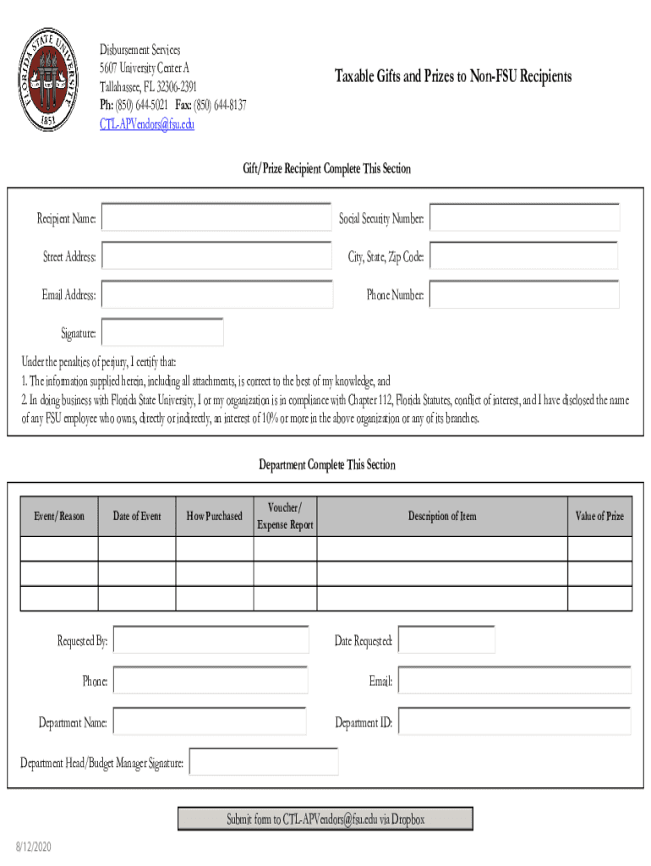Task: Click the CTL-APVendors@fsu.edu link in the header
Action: tap(147, 124)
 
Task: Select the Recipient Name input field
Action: tap(216, 217)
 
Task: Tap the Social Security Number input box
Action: tap(524, 217)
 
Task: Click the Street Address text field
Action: tap(216, 255)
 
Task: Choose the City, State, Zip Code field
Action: tap(524, 255)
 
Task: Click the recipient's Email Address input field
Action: tap(216, 294)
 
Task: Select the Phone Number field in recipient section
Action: tap(524, 294)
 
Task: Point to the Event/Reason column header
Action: tap(59, 516)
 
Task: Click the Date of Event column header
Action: tap(137, 516)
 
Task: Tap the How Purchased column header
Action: tap(215, 516)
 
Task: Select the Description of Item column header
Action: tap(442, 516)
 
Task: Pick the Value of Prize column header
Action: tap(599, 516)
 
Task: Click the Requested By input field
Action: tap(211, 640)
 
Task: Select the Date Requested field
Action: tap(446, 640)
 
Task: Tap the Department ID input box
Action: tap(514, 721)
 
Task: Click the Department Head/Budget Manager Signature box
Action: tap(264, 761)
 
